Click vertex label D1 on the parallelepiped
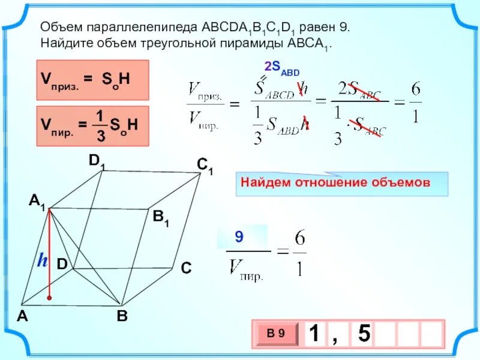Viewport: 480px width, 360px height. click(x=96, y=161)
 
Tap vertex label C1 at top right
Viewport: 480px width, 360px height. click(x=205, y=166)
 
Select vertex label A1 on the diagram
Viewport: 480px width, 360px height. click(x=37, y=203)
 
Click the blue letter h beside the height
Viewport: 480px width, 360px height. click(x=42, y=260)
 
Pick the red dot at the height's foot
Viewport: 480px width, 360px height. click(x=49, y=298)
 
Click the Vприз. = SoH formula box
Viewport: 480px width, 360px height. click(x=92, y=79)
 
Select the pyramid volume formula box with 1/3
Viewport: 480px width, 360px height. click(x=92, y=125)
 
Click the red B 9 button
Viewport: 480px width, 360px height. click(x=277, y=333)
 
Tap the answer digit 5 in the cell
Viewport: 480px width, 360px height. click(x=364, y=334)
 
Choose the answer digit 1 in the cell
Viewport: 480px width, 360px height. click(x=313, y=334)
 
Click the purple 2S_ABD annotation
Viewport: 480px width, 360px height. click(x=282, y=68)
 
